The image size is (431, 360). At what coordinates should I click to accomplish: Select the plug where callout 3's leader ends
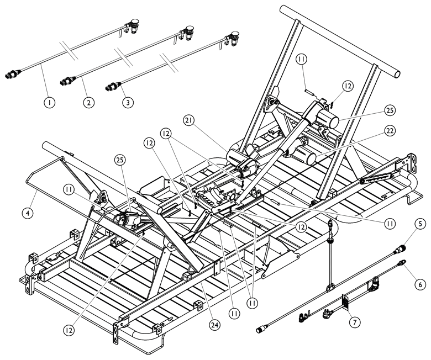112,86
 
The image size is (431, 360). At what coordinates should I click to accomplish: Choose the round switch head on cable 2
190,29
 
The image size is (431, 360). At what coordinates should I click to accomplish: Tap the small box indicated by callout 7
346,301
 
